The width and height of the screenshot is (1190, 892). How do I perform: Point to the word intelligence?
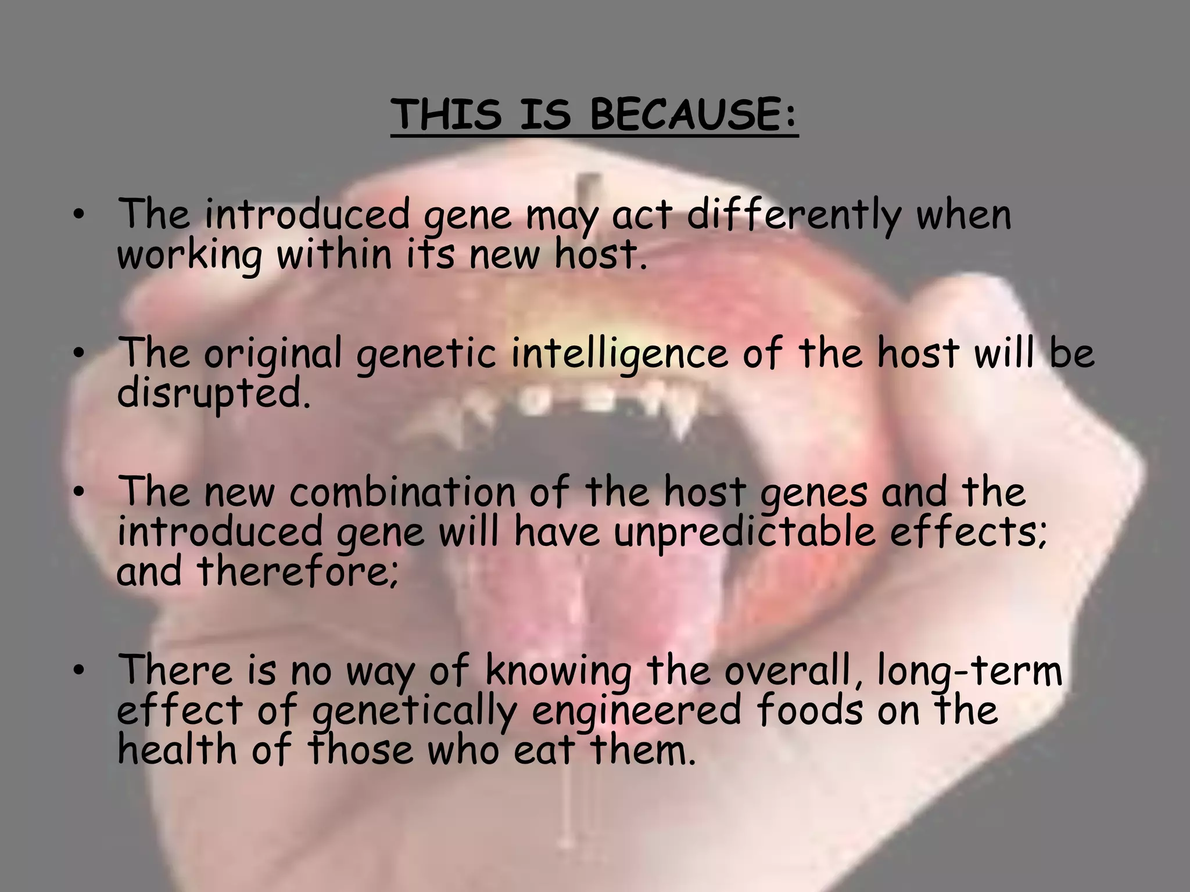point(619,354)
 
